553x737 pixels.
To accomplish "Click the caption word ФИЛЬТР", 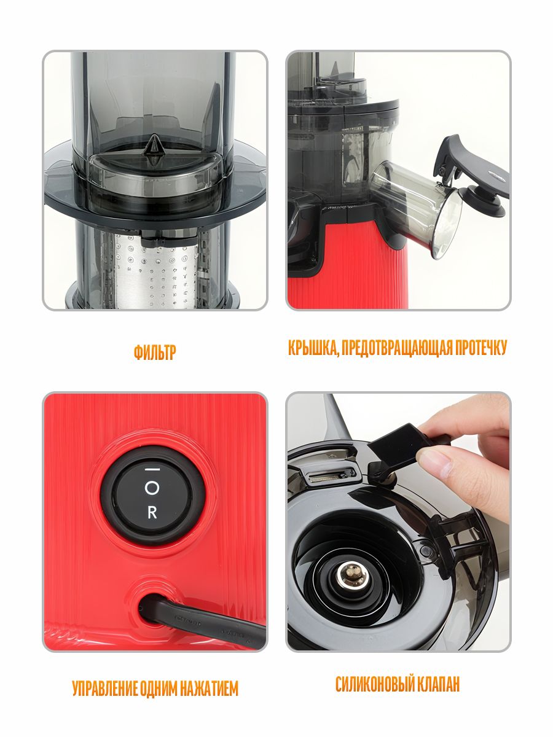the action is (x=155, y=352).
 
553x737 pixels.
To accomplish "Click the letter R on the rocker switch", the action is (x=152, y=513).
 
